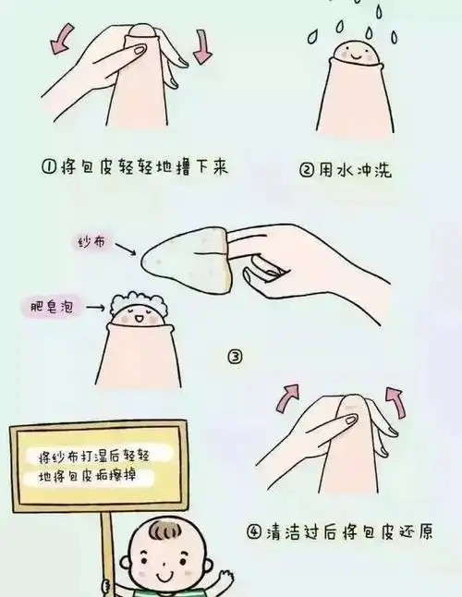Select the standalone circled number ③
click(236, 356)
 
